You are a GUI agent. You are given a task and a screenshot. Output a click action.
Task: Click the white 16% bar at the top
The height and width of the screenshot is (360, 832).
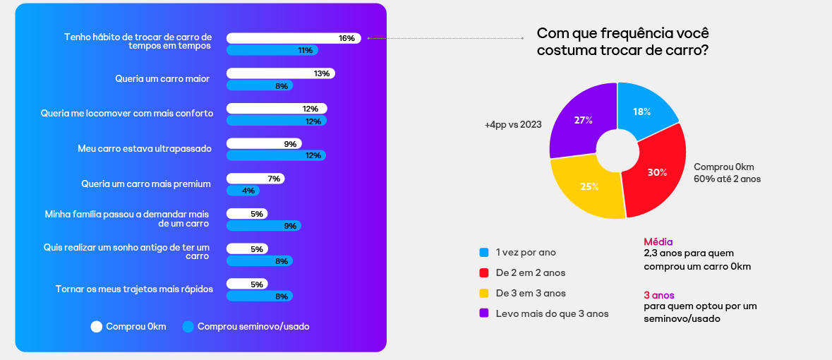[x=293, y=38]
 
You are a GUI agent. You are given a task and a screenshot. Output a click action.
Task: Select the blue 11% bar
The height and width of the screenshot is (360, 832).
[x=272, y=50]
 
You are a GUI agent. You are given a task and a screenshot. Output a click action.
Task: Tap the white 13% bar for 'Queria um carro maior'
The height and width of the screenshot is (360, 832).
[x=280, y=73]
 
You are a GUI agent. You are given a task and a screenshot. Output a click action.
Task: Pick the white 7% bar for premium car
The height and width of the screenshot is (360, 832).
[x=255, y=179]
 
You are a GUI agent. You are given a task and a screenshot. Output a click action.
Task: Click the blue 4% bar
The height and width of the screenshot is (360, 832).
[x=243, y=191]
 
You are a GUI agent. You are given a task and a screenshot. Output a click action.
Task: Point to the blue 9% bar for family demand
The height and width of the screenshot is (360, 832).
[x=263, y=226]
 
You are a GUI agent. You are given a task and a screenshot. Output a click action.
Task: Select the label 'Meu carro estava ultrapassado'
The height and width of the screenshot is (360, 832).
[x=144, y=149]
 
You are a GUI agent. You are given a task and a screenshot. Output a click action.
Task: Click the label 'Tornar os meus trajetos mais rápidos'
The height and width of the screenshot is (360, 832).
[x=134, y=289]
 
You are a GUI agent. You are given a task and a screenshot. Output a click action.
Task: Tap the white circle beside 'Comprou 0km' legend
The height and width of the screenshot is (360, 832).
[x=97, y=327]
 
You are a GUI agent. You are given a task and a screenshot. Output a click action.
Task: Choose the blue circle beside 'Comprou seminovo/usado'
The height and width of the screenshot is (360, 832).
[x=188, y=327]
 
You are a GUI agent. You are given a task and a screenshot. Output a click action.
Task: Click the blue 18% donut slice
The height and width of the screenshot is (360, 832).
[x=644, y=109]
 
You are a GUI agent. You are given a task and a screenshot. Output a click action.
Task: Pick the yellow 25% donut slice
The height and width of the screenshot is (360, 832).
[x=588, y=187]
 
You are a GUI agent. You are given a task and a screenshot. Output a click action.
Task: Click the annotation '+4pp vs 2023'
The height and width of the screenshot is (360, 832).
[x=513, y=125]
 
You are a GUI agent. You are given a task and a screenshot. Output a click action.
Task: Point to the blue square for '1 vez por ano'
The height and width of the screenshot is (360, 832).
[x=484, y=252]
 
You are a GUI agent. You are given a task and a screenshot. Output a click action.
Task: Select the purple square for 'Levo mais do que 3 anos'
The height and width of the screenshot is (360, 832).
[x=484, y=313]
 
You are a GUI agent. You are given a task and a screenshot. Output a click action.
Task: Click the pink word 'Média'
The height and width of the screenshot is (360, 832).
[x=658, y=241]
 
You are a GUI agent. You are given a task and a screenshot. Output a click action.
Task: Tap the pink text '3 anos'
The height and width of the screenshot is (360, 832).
[x=659, y=295]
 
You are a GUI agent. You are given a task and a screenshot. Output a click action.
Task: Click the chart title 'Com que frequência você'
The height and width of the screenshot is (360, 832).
[x=623, y=34]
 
